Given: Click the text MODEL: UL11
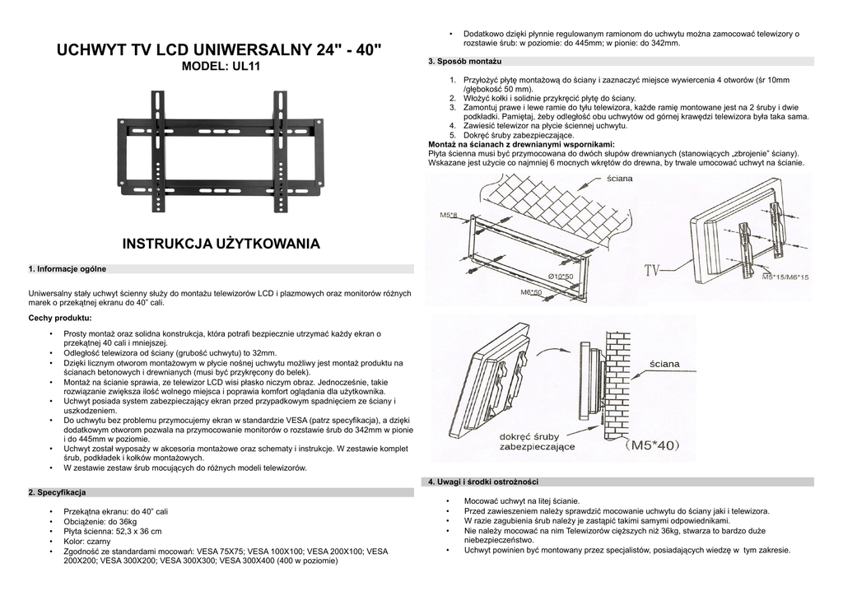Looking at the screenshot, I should pyautogui.click(x=219, y=67).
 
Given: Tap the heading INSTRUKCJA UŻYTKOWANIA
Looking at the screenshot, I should pyautogui.click(x=220, y=244).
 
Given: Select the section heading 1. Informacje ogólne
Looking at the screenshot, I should pyautogui.click(x=67, y=269).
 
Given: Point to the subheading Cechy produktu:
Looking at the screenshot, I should pyautogui.click(x=60, y=317).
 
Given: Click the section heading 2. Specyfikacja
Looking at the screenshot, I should pyautogui.click(x=58, y=492).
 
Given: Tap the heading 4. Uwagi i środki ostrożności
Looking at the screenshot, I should pyautogui.click(x=482, y=482).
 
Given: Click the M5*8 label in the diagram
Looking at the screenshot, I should pyautogui.click(x=449, y=215).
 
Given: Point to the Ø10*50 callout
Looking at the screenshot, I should pyautogui.click(x=560, y=276).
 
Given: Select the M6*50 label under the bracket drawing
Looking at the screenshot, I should pyautogui.click(x=531, y=291).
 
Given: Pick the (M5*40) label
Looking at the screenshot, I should pyautogui.click(x=653, y=445).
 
